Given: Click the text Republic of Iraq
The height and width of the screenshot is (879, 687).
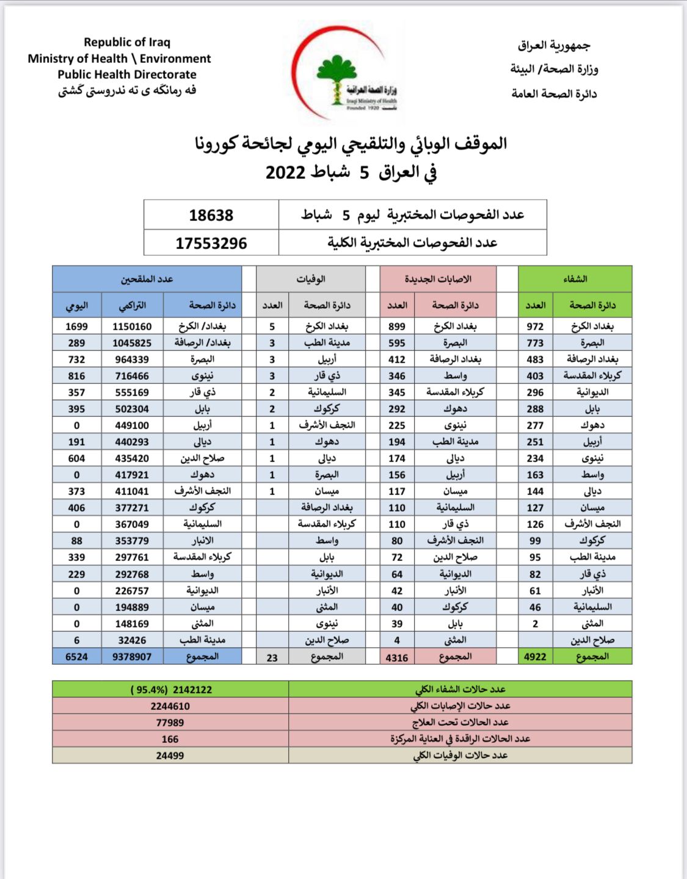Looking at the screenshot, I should tap(127, 42).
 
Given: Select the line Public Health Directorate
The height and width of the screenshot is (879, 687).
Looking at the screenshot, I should tap(127, 74).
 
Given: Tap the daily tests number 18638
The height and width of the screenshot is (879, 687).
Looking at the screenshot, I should tap(211, 215).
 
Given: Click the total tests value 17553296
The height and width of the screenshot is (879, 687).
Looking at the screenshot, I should tap(211, 243).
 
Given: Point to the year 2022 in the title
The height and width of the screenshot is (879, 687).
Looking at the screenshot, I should tap(285, 172).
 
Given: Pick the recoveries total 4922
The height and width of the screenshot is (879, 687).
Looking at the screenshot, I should tap(535, 657).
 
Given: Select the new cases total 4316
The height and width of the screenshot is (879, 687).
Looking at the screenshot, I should tap(397, 657).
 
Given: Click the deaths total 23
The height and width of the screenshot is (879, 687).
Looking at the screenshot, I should tap(272, 657).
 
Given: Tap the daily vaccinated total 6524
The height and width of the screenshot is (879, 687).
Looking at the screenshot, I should tap(76, 657).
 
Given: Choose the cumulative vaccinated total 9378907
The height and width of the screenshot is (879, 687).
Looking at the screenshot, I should tap(132, 657).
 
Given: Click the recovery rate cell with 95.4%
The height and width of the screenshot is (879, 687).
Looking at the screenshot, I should tap(171, 690).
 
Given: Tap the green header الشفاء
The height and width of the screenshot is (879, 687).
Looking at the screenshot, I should tap(575, 279).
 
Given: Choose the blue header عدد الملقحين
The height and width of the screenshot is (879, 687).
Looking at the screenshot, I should tap(147, 279).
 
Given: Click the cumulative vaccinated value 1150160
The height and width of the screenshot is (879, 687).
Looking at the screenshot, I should tap(132, 327).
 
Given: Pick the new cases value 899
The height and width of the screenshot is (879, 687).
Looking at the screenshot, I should tap(397, 327).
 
